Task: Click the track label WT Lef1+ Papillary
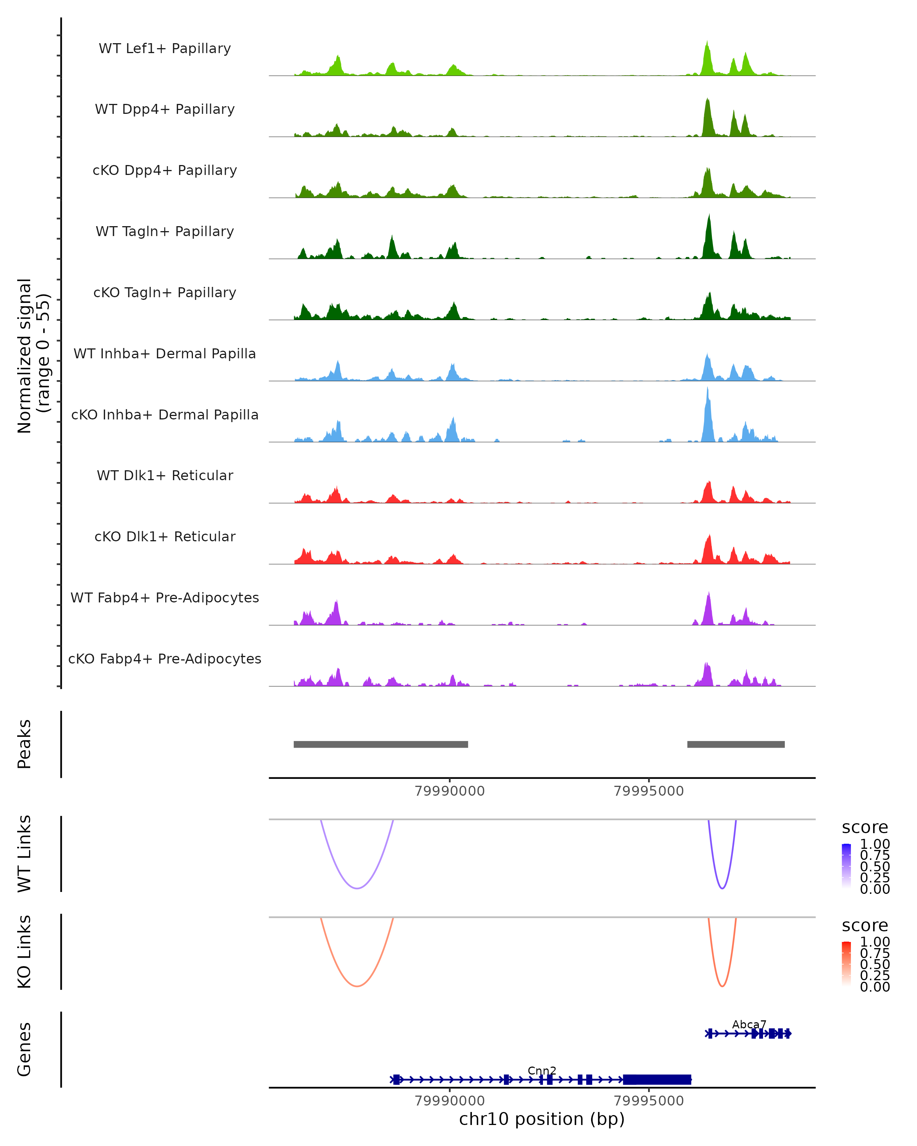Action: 165,49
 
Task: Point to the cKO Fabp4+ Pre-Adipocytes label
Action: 165,659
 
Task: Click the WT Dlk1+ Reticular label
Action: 165,475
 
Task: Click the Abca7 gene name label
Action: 749,1024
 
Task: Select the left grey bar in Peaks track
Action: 381,744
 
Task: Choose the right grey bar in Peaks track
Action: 736,744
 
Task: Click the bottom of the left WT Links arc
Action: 357,888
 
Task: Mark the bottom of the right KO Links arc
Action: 722,986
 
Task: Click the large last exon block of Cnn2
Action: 657,1079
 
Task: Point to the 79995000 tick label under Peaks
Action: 648,791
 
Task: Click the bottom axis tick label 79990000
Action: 449,1101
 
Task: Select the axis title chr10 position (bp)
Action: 542,1119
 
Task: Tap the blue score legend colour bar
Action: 846,866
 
